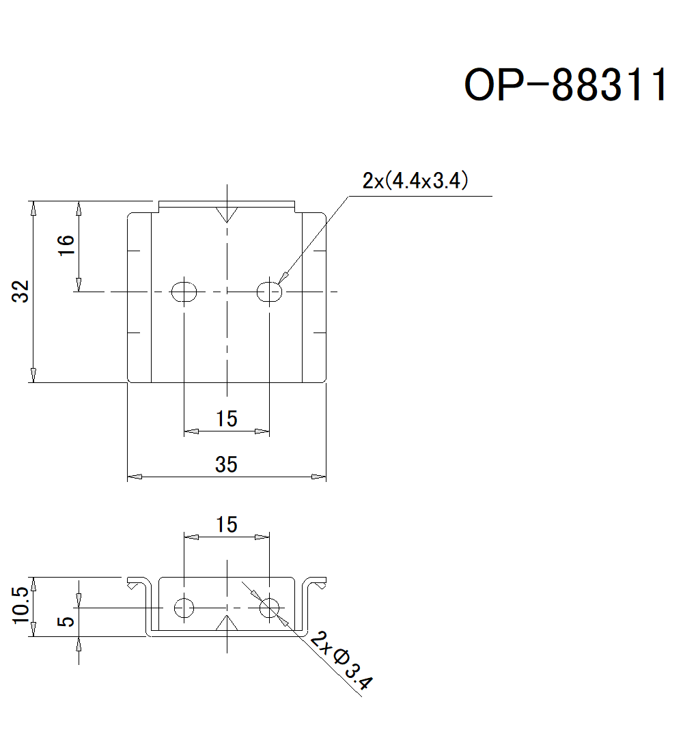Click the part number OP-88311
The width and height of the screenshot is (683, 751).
click(566, 85)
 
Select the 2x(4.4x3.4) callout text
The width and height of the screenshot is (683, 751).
click(415, 181)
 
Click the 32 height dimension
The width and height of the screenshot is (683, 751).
click(22, 292)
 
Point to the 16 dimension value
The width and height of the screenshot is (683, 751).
click(66, 245)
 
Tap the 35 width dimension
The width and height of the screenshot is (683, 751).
click(226, 464)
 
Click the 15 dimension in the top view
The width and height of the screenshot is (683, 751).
click(226, 419)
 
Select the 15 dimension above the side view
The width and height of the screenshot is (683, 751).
click(226, 524)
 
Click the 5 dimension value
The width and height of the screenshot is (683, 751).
click(66, 621)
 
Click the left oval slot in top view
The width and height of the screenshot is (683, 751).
click(184, 292)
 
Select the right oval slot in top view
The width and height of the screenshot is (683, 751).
click(269, 292)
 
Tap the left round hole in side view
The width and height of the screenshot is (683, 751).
click(184, 606)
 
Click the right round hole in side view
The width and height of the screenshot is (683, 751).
click(269, 606)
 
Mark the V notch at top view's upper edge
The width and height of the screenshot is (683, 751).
click(226, 213)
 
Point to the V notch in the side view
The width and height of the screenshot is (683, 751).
click(226, 623)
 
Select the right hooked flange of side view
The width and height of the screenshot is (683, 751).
click(316, 584)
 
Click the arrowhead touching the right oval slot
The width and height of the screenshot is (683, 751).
click(283, 276)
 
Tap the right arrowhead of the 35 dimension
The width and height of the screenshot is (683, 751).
click(318, 476)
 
